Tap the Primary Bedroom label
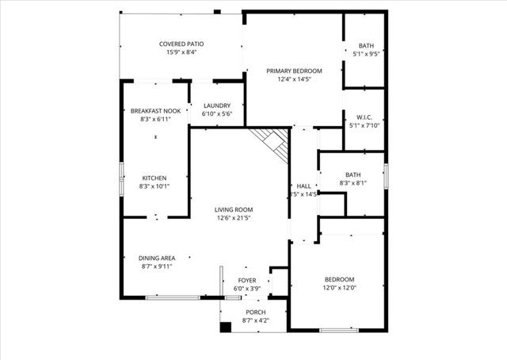point(294,71)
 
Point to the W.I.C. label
point(365,116)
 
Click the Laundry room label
point(216,105)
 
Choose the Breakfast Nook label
point(154,111)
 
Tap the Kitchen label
point(154,178)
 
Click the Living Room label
point(234,209)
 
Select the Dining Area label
point(157,258)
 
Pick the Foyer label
point(247,281)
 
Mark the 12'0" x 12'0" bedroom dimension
point(340,288)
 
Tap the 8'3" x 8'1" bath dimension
point(353,183)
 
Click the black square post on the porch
point(225,326)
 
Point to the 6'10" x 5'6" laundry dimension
point(216,114)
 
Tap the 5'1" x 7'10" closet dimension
point(365,124)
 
